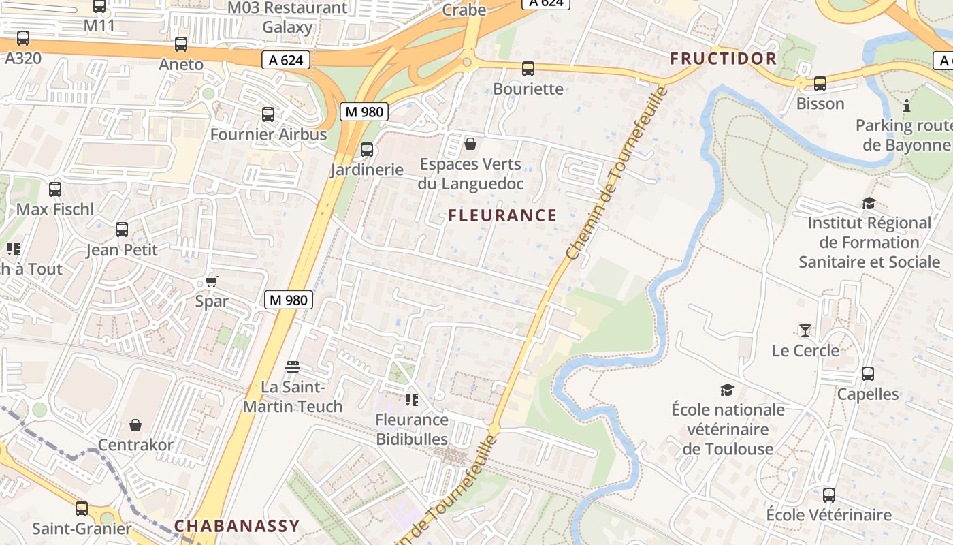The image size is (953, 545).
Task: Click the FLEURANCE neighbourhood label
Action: tap(502, 216)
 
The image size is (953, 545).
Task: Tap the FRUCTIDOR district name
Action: tap(723, 59)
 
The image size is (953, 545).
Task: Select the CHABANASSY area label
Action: tap(236, 526)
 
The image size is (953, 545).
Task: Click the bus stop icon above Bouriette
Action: tap(528, 69)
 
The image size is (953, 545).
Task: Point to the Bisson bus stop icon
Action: tap(820, 84)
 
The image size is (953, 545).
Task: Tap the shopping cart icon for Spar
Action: tap(212, 282)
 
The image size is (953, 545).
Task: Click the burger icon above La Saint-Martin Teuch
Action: tap(293, 368)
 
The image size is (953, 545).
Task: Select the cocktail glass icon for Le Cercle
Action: tap(805, 331)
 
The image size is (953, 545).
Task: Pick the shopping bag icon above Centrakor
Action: tap(135, 426)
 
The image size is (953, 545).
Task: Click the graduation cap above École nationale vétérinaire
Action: tap(728, 390)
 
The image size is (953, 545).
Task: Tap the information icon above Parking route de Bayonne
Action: tap(907, 106)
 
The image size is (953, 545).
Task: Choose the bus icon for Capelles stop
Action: tap(868, 374)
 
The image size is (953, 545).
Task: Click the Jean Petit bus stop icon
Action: tap(122, 230)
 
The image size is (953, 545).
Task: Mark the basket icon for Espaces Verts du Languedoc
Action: tap(470, 144)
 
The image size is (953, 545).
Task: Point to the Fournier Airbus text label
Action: tap(268, 134)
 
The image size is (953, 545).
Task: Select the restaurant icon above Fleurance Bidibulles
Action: tap(412, 399)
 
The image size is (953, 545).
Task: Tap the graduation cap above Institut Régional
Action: tap(869, 203)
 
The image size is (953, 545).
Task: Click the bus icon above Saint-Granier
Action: tap(82, 508)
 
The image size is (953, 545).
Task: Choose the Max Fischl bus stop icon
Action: tap(55, 189)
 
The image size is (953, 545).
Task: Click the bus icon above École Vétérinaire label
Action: tap(828, 495)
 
